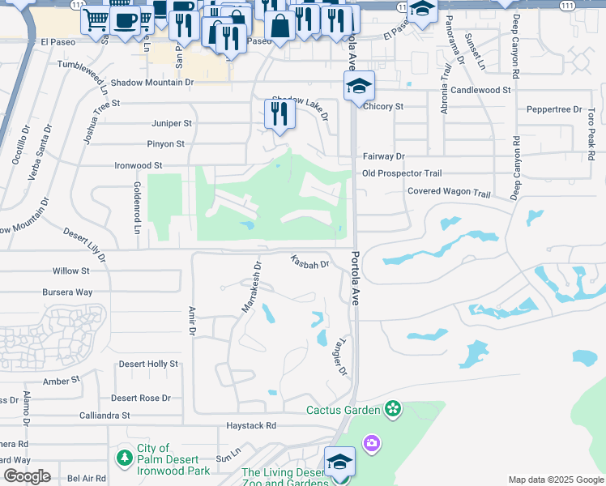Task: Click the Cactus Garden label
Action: pos(343,410)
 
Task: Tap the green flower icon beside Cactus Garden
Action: pos(394,409)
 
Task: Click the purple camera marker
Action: pos(372,442)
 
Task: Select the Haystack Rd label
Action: pos(251,425)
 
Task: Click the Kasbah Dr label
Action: pos(310,262)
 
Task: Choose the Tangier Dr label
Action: pos(339,356)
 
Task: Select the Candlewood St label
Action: pos(481,90)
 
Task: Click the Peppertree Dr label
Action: pos(554,109)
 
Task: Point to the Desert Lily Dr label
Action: pos(84,244)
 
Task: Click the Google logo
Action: pos(26,476)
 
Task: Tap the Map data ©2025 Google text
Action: pos(556,480)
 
